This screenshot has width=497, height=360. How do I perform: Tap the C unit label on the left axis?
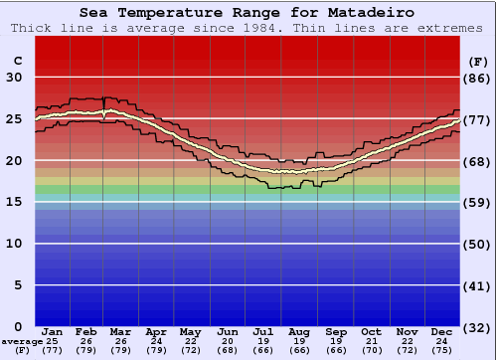click(x=17, y=61)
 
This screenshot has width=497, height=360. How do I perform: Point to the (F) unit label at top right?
click(x=478, y=61)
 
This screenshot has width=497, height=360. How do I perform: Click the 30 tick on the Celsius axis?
click(x=14, y=78)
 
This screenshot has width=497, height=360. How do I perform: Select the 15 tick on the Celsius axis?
click(x=14, y=202)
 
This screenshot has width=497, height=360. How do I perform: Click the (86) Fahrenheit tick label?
click(x=478, y=78)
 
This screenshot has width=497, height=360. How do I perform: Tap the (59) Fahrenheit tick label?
click(x=478, y=202)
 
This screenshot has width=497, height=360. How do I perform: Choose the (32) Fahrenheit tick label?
click(x=478, y=327)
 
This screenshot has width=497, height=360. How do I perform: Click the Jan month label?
click(x=53, y=331)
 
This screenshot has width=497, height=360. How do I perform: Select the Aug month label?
click(x=299, y=331)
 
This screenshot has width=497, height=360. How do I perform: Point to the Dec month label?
click(x=442, y=331)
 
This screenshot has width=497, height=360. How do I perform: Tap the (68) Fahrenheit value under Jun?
click(x=228, y=351)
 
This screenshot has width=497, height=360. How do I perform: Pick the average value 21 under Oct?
click(x=371, y=341)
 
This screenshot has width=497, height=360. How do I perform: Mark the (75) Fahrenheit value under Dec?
click(x=442, y=351)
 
